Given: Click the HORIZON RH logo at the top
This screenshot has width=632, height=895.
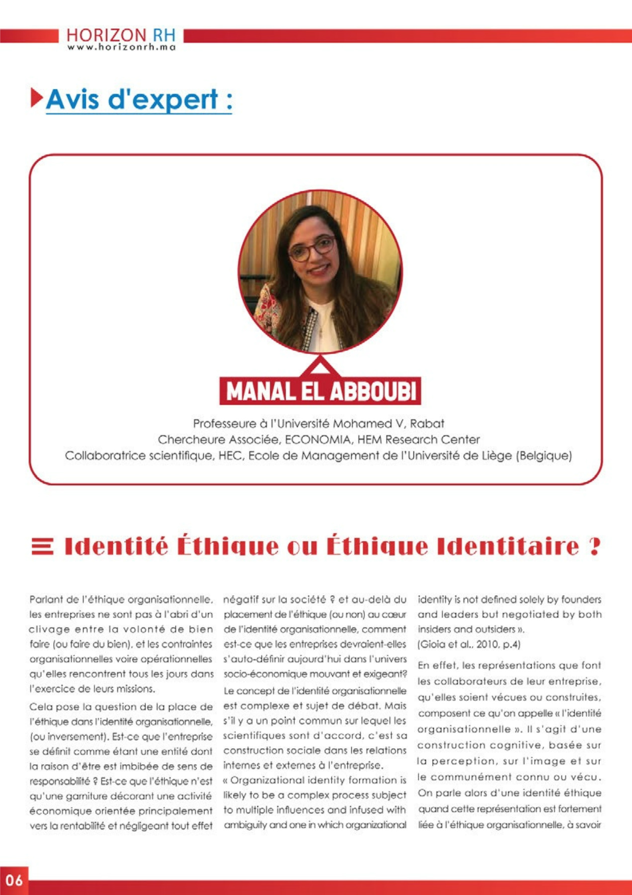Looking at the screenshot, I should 121,36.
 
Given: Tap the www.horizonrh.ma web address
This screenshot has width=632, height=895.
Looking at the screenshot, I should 121,48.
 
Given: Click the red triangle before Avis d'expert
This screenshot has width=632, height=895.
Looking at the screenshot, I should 36,97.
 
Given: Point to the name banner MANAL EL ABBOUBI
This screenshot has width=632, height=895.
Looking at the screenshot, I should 320,391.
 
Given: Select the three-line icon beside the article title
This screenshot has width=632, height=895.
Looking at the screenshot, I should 42,546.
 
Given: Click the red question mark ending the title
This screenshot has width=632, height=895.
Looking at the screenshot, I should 594,546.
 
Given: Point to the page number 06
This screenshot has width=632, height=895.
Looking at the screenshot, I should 14,881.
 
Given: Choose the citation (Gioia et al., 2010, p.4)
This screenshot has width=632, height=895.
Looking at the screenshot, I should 469,644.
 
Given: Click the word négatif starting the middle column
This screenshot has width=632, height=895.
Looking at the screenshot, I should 239,600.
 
